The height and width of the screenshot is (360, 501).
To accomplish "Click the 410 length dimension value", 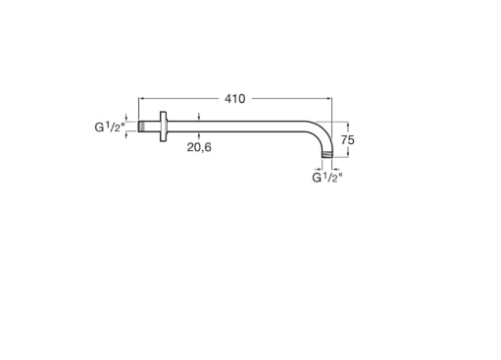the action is pyautogui.click(x=234, y=99).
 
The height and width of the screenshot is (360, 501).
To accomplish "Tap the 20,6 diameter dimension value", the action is pyautogui.click(x=199, y=147).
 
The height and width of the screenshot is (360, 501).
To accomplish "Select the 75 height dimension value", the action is pyautogui.click(x=348, y=140).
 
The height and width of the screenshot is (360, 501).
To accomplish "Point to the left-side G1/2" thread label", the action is pyautogui.click(x=110, y=127).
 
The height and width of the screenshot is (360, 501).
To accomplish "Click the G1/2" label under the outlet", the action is pyautogui.click(x=327, y=178).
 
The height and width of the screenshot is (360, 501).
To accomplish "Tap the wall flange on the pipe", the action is pyautogui.click(x=163, y=127).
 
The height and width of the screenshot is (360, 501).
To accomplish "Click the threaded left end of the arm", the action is pyautogui.click(x=141, y=127).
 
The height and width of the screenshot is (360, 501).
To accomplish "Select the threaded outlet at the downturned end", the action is pyautogui.click(x=327, y=154).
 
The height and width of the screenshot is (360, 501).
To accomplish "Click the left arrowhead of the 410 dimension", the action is pyautogui.click(x=141, y=98).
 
